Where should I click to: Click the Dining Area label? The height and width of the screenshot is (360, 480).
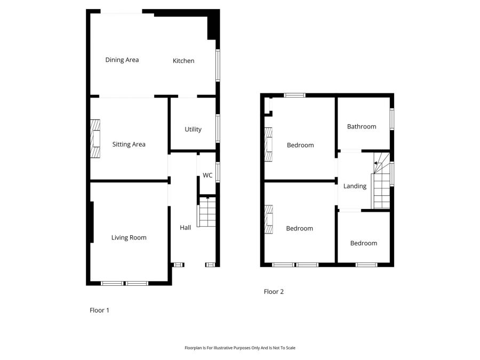(122, 60)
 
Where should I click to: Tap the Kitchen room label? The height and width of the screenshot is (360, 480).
(183, 61)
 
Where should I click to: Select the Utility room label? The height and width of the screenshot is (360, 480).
(193, 129)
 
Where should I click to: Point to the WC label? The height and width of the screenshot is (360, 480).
(207, 175)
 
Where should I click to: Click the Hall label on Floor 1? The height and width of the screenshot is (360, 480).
(185, 228)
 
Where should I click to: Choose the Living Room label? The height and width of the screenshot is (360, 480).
(129, 237)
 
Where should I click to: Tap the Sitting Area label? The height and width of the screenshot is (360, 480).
(129, 144)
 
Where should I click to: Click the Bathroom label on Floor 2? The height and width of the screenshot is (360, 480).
(362, 126)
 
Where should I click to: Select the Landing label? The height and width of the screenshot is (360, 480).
(355, 186)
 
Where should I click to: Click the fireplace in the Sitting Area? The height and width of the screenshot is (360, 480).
(95, 139)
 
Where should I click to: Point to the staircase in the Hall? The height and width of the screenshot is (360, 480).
(207, 212)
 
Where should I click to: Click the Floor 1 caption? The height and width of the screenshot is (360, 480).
(99, 310)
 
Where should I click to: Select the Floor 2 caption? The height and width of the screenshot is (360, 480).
(274, 292)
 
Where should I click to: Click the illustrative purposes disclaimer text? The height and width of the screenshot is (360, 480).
(240, 348)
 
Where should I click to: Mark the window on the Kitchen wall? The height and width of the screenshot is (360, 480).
(218, 65)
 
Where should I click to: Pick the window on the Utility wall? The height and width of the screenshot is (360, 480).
(218, 129)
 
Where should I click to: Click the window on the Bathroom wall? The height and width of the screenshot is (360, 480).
(392, 119)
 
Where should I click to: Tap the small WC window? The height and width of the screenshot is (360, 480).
(218, 173)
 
